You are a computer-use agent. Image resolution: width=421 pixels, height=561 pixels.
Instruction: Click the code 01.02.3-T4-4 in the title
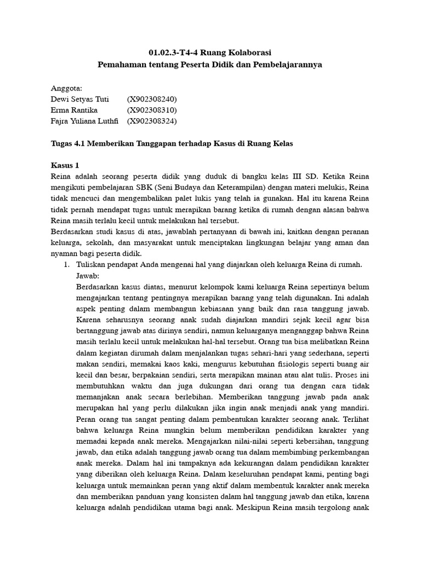point(174,53)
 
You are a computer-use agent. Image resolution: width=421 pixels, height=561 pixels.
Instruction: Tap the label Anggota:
point(66,88)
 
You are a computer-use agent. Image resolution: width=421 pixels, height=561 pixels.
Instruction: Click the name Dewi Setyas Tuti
point(80,99)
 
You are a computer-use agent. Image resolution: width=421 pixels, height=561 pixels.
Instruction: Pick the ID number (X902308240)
point(152,99)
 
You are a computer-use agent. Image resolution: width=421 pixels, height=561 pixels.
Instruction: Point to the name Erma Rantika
point(74,110)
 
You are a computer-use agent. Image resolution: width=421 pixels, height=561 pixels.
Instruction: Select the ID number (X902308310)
point(152,110)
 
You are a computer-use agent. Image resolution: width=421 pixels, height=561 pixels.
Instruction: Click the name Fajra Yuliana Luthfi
point(84,121)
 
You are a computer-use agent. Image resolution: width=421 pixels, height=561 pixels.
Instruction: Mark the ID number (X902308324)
point(152,121)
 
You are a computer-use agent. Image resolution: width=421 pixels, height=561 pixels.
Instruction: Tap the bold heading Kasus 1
point(65,165)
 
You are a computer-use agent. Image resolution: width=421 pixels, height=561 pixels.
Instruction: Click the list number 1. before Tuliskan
point(66,265)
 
